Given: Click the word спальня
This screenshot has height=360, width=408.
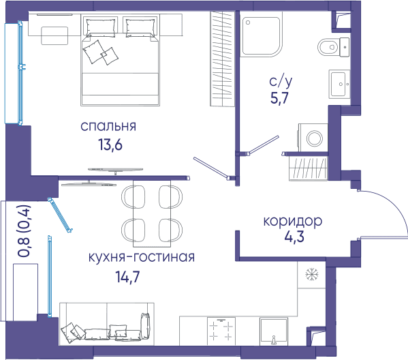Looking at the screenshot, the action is pyautogui.click(x=108, y=126).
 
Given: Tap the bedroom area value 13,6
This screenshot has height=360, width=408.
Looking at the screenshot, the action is pyautogui.click(x=110, y=145).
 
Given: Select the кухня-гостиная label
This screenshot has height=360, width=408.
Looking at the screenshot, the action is pyautogui.click(x=142, y=257).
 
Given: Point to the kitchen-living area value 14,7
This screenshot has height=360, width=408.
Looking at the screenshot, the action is pyautogui.click(x=128, y=277).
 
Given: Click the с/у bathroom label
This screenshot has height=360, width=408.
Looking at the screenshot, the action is pyautogui.click(x=281, y=81).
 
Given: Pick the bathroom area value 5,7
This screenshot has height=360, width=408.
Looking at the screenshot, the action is pyautogui.click(x=280, y=98).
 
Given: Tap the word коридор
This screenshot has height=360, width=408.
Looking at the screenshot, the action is pyautogui.click(x=293, y=222).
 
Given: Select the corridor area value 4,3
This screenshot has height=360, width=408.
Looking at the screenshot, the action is pyautogui.click(x=294, y=237).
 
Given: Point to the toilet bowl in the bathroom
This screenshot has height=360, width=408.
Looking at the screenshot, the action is pyautogui.click(x=328, y=47).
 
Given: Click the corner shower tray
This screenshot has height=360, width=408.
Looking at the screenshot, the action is pyautogui.click(x=261, y=36).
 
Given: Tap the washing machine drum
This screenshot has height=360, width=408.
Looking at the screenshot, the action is pyautogui.click(x=314, y=138).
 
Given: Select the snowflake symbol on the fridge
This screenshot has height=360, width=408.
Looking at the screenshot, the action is pyautogui.click(x=312, y=275).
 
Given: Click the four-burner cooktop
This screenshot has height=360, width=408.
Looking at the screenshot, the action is pyautogui.click(x=221, y=331).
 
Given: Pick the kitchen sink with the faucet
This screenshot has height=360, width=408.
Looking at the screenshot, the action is pyautogui.click(x=274, y=331).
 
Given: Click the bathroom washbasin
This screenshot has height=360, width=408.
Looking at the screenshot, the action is pyautogui.click(x=339, y=84).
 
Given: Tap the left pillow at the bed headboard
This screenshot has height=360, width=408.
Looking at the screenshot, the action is pyautogui.click(x=100, y=27).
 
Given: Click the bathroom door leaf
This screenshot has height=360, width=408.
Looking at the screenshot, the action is pyautogui.click(x=263, y=145).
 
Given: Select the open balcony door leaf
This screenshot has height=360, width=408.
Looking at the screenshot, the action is pyautogui.click(x=60, y=215).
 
